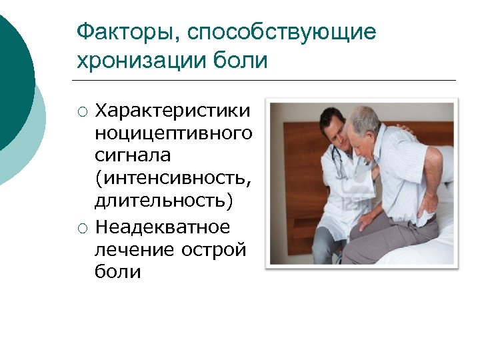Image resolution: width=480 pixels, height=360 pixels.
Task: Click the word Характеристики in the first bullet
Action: click(173, 109)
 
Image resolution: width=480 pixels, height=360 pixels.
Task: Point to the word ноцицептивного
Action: click(173, 133)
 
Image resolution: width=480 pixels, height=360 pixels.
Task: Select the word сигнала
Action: click(133, 156)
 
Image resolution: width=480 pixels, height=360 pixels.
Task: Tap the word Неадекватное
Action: click(163, 228)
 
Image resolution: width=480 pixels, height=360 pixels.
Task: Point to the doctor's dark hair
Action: click(331, 118)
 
